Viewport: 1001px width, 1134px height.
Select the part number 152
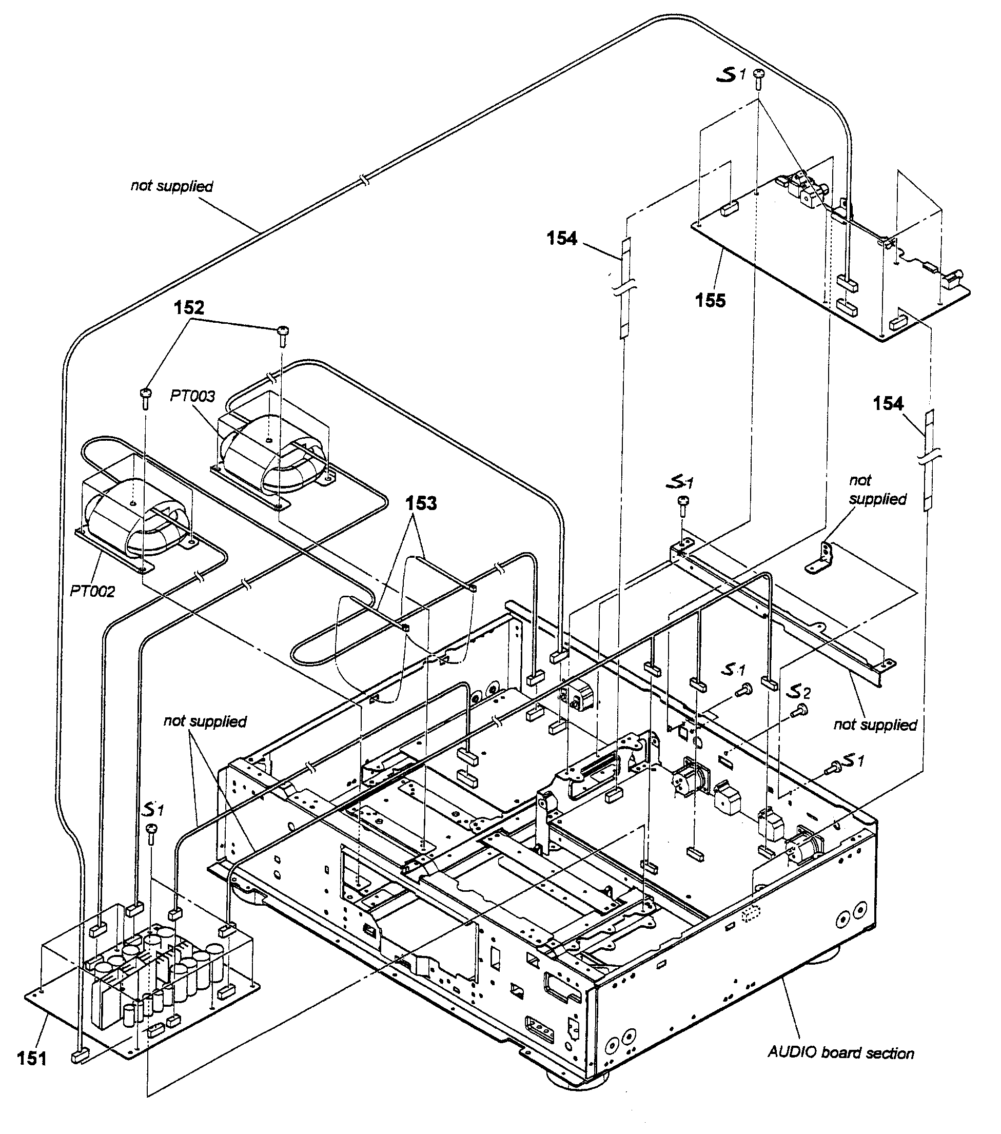click(x=189, y=307)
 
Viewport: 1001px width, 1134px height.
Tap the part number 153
click(x=421, y=504)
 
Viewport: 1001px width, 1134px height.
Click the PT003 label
click(x=192, y=396)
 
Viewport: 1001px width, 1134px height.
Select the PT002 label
click(x=92, y=592)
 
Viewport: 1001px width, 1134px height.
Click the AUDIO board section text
click(x=840, y=1053)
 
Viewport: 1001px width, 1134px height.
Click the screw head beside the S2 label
click(x=801, y=709)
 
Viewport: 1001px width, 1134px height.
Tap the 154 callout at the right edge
click(x=888, y=403)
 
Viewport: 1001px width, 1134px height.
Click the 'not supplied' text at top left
click(x=171, y=186)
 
